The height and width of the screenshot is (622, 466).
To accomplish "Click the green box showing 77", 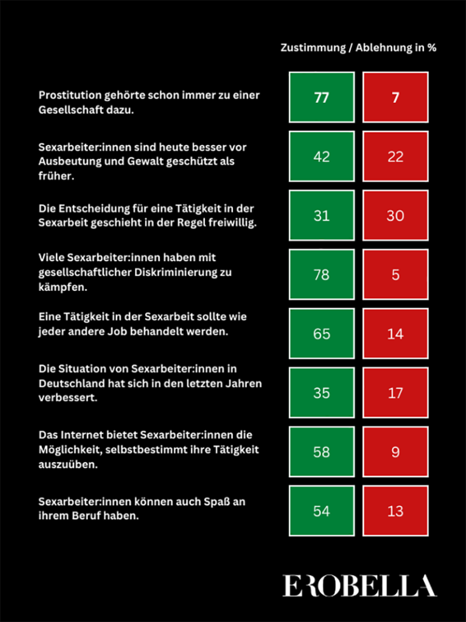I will [322, 97].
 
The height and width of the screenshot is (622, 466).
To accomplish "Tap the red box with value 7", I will [395, 97].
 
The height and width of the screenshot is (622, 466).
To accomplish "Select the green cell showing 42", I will [322, 156].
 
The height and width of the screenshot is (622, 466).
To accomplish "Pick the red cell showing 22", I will [395, 156].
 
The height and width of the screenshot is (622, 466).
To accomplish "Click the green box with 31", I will [322, 215].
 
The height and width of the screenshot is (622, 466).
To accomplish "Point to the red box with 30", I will [395, 215].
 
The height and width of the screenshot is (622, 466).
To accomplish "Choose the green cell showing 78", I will [322, 274].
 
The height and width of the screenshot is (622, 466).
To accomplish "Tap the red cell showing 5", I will [395, 274].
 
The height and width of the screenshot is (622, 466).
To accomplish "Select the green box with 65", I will [322, 333].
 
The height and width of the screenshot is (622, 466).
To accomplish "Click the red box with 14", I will [395, 333].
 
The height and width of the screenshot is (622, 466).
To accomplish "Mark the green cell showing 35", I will [322, 392].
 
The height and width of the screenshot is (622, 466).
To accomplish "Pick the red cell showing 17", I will [395, 392].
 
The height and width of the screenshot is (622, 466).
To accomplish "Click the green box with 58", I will [322, 451].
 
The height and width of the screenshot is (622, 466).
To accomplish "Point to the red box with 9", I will [395, 451].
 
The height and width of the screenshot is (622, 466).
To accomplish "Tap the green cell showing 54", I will [322, 510].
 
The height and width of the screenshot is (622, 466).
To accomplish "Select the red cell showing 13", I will [395, 510].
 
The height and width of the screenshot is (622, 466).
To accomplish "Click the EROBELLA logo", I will [359, 586].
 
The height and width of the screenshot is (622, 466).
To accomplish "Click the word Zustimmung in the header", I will [312, 48].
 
